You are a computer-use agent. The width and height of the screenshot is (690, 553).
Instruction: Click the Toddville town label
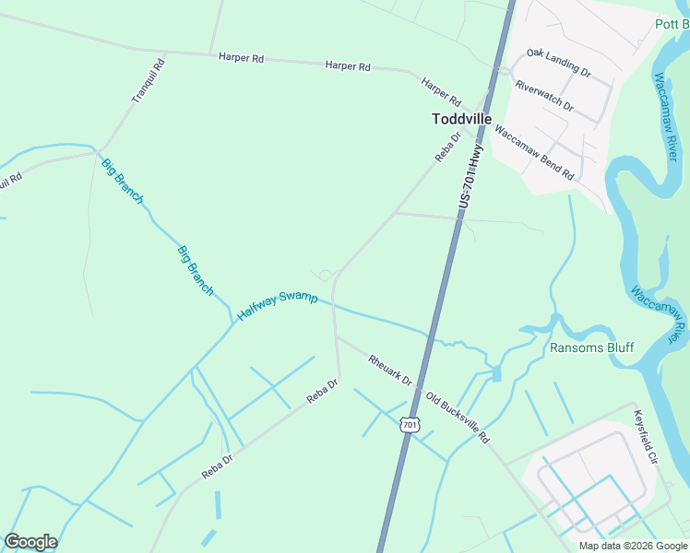pos(461,119)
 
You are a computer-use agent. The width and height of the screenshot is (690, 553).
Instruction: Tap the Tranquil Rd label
pos(149,79)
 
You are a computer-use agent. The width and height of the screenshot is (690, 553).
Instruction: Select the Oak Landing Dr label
pos(558,64)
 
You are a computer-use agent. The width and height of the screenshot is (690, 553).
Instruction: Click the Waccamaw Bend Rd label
pos(534,152)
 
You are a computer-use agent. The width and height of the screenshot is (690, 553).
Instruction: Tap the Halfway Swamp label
pos(277,305)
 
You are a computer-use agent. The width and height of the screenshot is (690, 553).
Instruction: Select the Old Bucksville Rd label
pos(457,417)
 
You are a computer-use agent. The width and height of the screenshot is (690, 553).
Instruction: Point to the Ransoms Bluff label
pos(591,347)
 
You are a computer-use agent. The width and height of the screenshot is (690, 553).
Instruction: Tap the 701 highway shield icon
pos(410,425)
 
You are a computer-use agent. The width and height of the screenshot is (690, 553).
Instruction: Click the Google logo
pos(30,542)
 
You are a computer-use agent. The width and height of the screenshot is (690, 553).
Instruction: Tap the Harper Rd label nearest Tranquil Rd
pos(242,57)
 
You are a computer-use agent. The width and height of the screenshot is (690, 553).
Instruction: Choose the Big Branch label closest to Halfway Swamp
pos(196,270)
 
